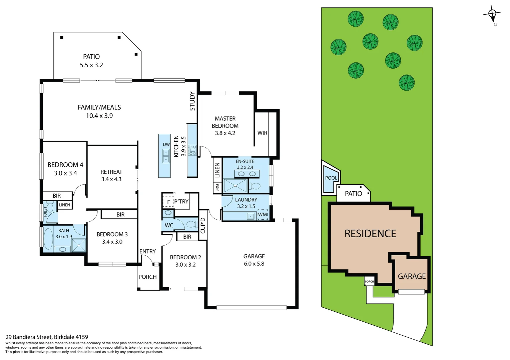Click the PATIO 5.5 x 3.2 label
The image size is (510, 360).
[x=91, y=61]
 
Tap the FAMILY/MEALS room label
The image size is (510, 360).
[x=99, y=107]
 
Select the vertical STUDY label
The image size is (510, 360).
[x=192, y=101]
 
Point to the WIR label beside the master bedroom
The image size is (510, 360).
[x=262, y=133]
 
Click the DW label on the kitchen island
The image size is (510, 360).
[x=166, y=144]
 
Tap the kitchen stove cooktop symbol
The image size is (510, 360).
[x=192, y=150]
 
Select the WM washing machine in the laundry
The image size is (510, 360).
[x=263, y=215]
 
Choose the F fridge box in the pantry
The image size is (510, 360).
[x=168, y=202]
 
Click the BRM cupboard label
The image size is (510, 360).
[x=217, y=188]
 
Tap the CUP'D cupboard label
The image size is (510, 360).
[x=203, y=225]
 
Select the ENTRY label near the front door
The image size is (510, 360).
[x=147, y=251]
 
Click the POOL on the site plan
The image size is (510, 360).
[x=331, y=178]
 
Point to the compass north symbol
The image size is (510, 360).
[x=492, y=14]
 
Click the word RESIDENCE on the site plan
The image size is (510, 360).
[x=370, y=234]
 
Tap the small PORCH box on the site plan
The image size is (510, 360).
[x=369, y=281]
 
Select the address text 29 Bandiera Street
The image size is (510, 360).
[x=29, y=337]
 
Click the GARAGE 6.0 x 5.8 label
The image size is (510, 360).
[x=254, y=260]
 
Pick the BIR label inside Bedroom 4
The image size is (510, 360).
[x=57, y=196]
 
